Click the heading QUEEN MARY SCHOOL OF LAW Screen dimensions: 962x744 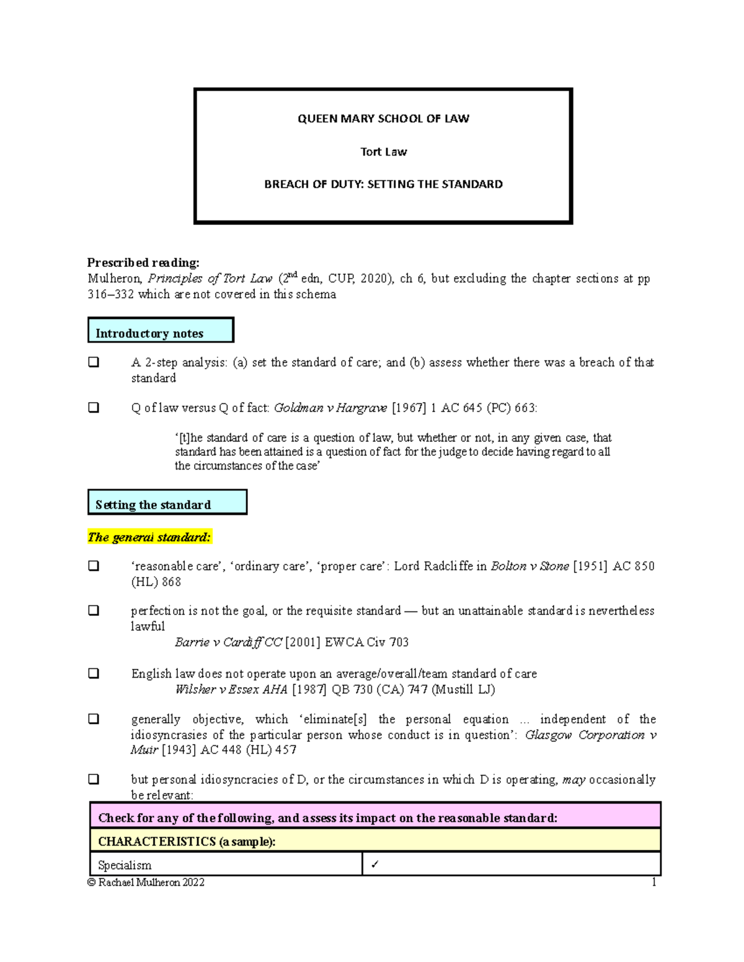coord(383,118)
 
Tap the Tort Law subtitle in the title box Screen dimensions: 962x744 coord(383,152)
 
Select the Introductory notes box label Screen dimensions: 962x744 coord(149,333)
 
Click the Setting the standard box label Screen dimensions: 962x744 coord(153,505)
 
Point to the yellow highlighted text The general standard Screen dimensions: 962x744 coord(149,537)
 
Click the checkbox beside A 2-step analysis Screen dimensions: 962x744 coord(94,362)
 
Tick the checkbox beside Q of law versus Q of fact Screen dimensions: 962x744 coord(94,408)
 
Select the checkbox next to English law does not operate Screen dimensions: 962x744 coord(94,673)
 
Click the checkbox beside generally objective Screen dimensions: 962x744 coord(94,719)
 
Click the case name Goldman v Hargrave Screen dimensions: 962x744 coord(330,408)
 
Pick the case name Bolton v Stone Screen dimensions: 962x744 coord(529,566)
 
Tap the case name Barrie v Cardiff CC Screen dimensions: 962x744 coord(228,642)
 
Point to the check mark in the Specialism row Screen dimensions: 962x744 coord(374,865)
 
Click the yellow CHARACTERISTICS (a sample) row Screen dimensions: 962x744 coord(375,841)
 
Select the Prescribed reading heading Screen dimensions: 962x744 coord(143,263)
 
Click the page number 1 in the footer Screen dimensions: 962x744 coord(653,882)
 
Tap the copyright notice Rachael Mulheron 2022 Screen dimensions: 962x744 coord(146,882)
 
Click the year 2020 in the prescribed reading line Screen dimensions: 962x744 coord(374,279)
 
